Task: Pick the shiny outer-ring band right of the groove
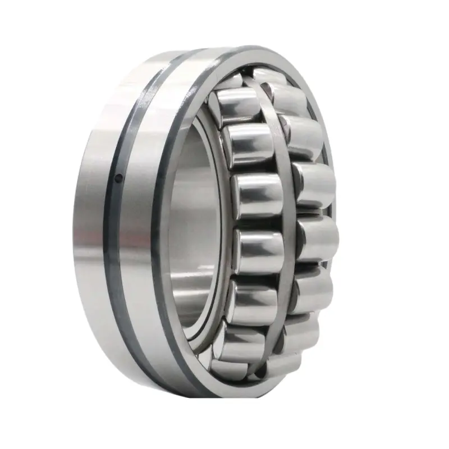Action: (140, 224)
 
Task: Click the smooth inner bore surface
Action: (194, 224)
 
